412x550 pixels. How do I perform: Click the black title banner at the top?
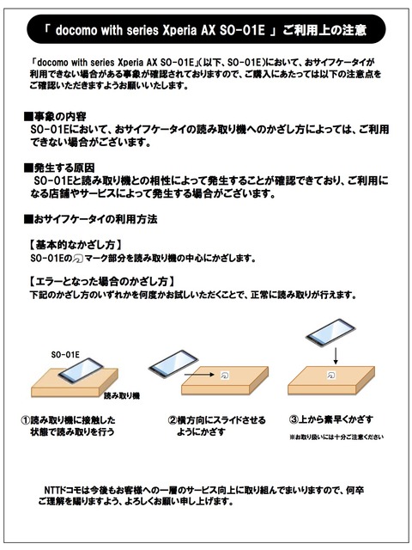coord(206,29)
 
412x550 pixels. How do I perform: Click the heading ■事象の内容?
coord(55,117)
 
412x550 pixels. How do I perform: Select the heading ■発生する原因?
coord(59,168)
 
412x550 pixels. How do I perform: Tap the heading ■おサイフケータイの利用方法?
coord(90,219)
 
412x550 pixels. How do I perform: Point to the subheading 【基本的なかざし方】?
coord(76,244)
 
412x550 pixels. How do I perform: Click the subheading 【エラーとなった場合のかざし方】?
coord(101,281)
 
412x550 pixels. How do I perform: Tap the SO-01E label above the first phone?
coord(65,355)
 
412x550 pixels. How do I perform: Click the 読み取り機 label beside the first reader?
coord(122,396)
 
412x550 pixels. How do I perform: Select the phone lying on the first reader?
coord(81,370)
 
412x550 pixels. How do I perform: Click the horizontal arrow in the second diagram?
coord(199,375)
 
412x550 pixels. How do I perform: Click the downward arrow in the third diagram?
coord(336,356)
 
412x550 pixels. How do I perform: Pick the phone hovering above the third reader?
coord(330,333)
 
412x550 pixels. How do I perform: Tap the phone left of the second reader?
coord(173,364)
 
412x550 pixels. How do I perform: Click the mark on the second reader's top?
coord(225,376)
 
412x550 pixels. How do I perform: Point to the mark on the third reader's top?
coord(331,375)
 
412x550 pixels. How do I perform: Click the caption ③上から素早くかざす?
coord(331,419)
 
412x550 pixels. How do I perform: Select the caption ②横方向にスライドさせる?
coord(216,420)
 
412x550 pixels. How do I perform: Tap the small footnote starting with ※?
coord(336,437)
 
